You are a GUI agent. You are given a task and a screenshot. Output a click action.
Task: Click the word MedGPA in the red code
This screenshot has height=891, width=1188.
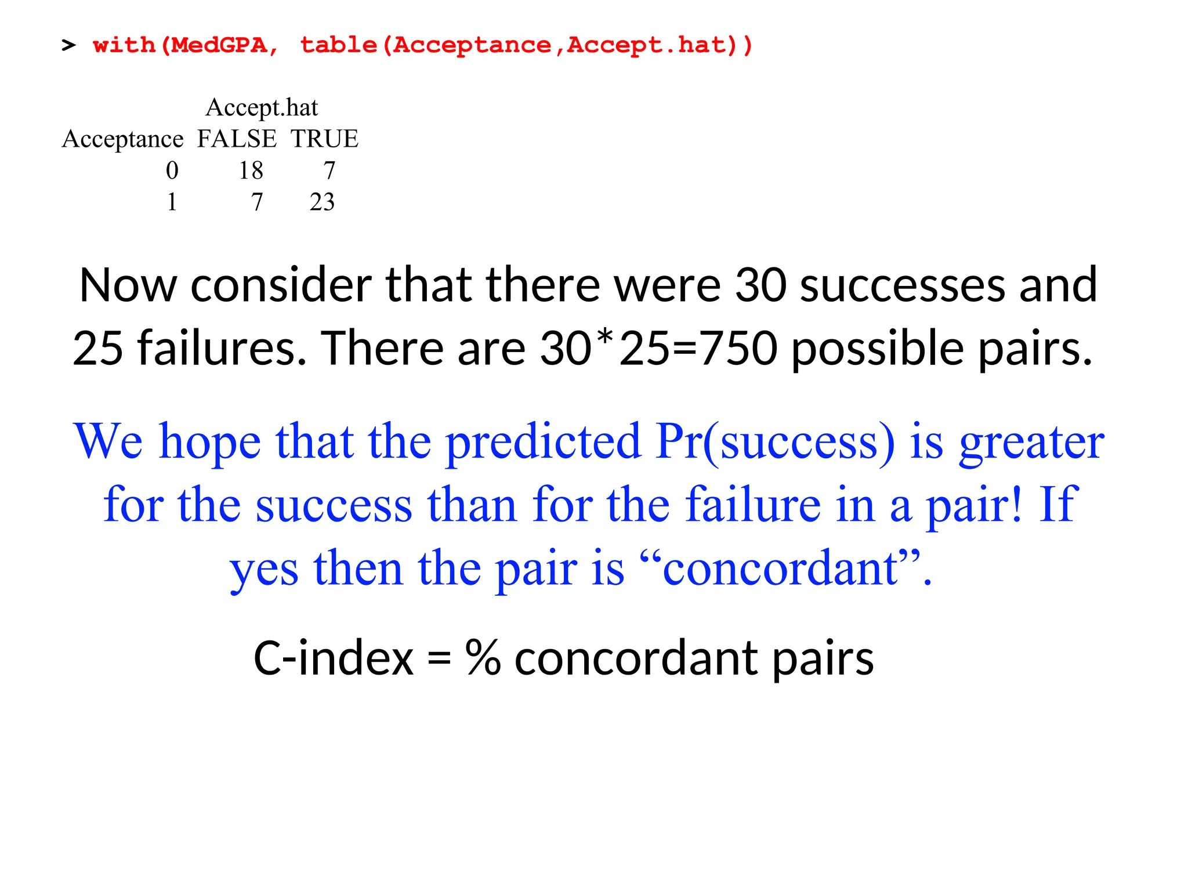point(219,45)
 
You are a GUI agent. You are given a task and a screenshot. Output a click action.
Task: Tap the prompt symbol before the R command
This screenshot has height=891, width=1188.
point(68,45)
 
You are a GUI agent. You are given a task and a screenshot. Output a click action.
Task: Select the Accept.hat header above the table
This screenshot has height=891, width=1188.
point(262,108)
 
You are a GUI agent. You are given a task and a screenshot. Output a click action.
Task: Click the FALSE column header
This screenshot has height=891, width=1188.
point(237,139)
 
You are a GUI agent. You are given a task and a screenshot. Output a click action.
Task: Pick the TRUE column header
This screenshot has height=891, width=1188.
point(324,139)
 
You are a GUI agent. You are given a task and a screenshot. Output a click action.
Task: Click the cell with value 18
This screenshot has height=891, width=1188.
point(251,171)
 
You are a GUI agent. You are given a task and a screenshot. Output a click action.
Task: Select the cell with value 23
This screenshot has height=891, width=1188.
point(322,202)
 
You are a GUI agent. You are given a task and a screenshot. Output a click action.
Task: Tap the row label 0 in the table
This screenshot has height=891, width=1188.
point(172,171)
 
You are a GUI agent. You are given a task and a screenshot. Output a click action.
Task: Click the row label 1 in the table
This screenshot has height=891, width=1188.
point(172,202)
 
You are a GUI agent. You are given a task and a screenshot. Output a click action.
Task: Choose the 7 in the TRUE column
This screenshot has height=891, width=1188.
point(329,171)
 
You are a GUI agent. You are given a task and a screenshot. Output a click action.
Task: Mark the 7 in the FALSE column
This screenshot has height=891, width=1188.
point(257,202)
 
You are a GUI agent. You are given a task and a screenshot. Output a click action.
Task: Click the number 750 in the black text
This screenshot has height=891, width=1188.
point(738,348)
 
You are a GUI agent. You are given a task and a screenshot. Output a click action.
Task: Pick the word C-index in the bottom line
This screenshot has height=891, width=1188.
point(334,659)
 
